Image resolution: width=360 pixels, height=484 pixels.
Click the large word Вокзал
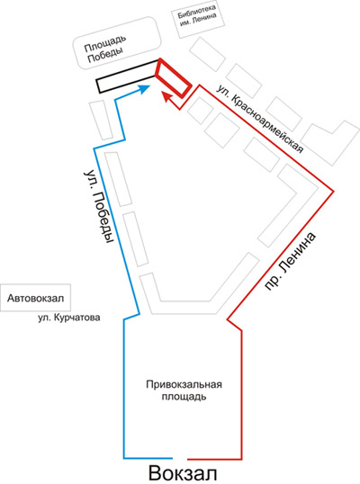pyautogui.click(x=183, y=473)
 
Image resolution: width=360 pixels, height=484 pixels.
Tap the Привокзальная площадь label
pyautogui.click(x=184, y=390)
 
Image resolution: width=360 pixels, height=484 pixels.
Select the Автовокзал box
pyautogui.click(x=35, y=298)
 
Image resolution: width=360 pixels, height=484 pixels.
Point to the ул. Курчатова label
pyautogui.click(x=69, y=318)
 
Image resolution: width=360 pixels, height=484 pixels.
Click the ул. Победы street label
pyautogui.click(x=97, y=207)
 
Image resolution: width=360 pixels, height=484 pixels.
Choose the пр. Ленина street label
pyautogui.click(x=291, y=262)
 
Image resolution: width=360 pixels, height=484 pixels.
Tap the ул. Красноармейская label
pyautogui.click(x=260, y=119)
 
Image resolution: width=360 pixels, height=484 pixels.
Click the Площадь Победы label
pyautogui.click(x=105, y=49)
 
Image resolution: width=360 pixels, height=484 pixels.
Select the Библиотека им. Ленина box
pyautogui.click(x=198, y=20)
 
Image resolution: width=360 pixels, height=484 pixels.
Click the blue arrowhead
pyautogui.click(x=144, y=89)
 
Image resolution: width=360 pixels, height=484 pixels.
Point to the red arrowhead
pyautogui.click(x=167, y=96)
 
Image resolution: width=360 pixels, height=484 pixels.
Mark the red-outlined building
pyautogui.click(x=173, y=77)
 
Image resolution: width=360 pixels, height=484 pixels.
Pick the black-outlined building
pyautogui.click(x=127, y=76)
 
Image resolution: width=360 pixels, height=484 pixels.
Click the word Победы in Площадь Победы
pyautogui.click(x=105, y=55)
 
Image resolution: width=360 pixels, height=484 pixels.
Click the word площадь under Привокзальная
pyautogui.click(x=184, y=397)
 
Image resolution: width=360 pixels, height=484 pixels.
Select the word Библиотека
pyautogui.click(x=197, y=12)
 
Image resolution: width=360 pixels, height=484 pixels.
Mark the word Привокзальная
pyautogui.click(x=184, y=385)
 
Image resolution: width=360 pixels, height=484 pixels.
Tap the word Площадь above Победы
pyautogui.click(x=105, y=43)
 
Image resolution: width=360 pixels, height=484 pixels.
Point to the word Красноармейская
pyautogui.click(x=266, y=124)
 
